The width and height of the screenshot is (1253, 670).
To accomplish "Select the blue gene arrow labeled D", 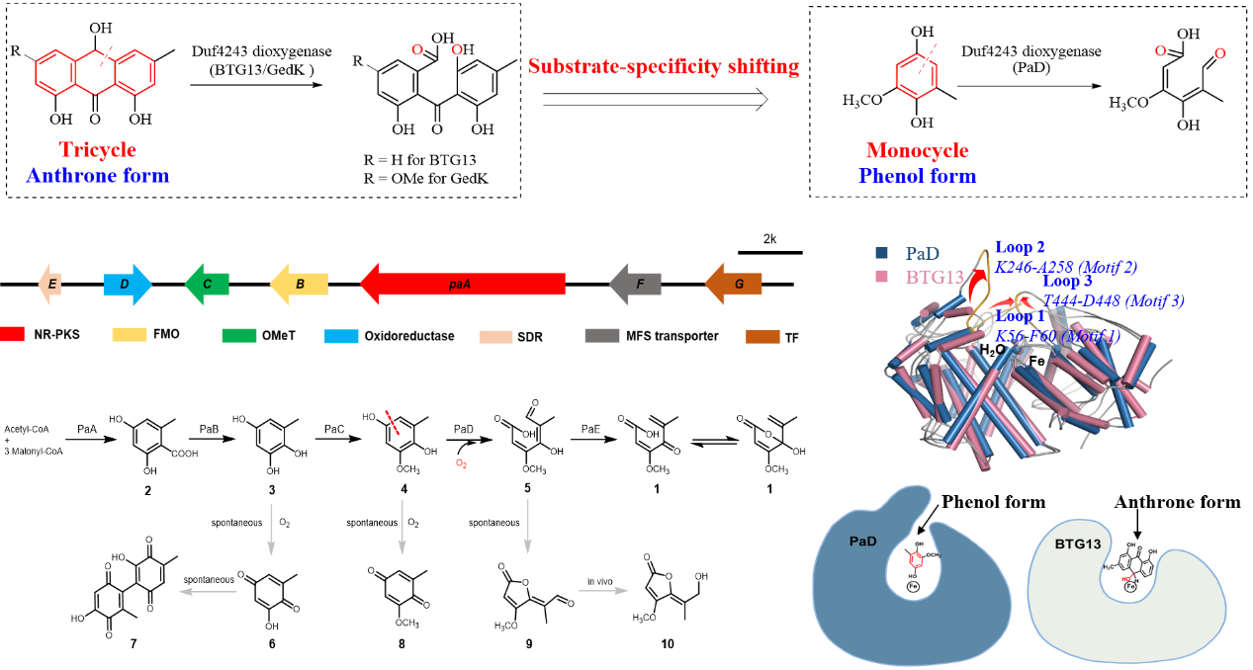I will pos(127,285).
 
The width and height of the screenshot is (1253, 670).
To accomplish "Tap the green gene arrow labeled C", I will pos(207,285).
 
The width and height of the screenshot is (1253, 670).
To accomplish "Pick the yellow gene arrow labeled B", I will pos(299,285).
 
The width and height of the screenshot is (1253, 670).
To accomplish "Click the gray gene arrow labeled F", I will pos(635,285).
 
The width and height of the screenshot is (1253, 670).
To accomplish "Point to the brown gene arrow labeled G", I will pos(734,285).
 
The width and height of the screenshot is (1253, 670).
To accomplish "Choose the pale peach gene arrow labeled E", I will pos(50,285).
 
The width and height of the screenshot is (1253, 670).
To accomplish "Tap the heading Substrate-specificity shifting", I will pos(664,66).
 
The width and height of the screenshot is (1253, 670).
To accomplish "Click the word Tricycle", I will pos(97,150).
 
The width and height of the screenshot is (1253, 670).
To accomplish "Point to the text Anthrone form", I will pos(97,176).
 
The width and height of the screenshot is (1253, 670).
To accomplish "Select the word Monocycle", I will pos(918,150).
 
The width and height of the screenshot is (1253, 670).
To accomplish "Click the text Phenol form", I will pos(918,176).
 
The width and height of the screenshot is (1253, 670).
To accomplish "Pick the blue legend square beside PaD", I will pos(881,252).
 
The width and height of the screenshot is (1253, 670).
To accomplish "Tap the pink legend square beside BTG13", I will pos(881,277).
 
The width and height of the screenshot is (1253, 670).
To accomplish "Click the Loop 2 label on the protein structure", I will pos(1020,247).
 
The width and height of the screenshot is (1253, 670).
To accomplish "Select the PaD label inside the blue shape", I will pos(862,542).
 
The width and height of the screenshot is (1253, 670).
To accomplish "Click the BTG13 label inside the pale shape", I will pos(1075,544).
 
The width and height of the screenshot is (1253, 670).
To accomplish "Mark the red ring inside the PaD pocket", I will pos(917,560).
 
